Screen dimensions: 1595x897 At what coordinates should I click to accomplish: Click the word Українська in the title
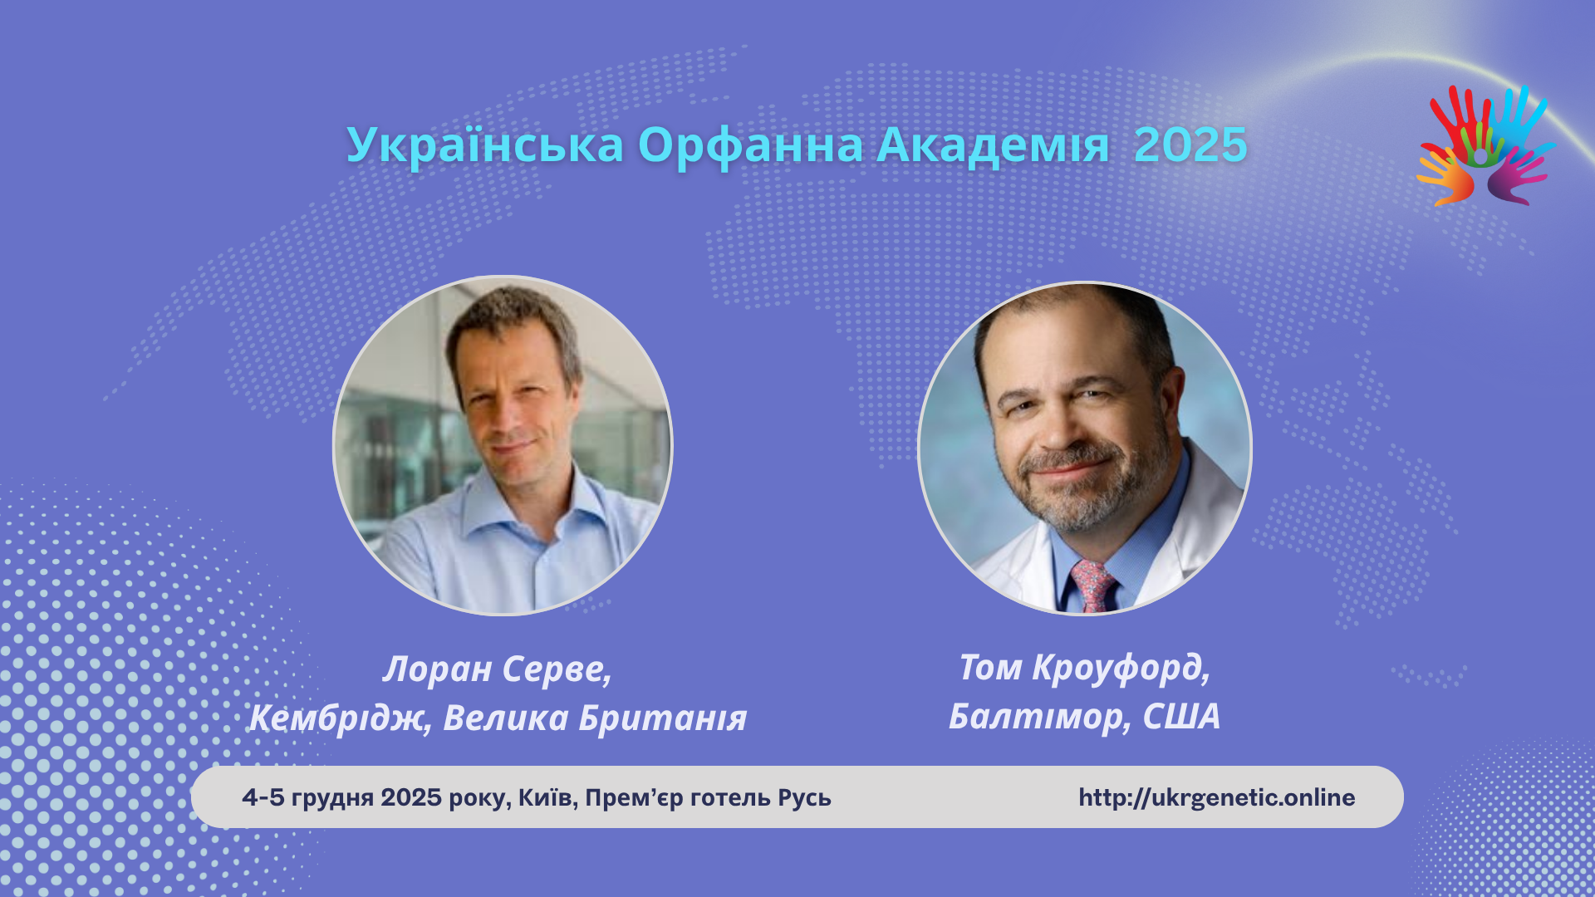point(485,145)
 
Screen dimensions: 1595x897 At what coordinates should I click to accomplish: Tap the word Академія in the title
point(993,145)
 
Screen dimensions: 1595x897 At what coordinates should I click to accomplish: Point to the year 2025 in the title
point(1190,145)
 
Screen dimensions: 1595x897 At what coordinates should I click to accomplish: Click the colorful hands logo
point(1485,145)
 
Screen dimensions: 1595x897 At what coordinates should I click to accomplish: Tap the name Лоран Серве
point(497,669)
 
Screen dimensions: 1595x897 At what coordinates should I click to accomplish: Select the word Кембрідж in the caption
point(340,718)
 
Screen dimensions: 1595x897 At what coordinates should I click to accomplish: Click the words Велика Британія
point(595,718)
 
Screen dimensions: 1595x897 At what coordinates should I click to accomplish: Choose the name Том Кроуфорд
point(1084,668)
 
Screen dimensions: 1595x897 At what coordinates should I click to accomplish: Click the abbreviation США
point(1181,716)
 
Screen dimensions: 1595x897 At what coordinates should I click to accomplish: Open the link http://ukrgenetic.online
point(1217,797)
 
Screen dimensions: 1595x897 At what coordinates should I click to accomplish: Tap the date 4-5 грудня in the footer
point(307,798)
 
